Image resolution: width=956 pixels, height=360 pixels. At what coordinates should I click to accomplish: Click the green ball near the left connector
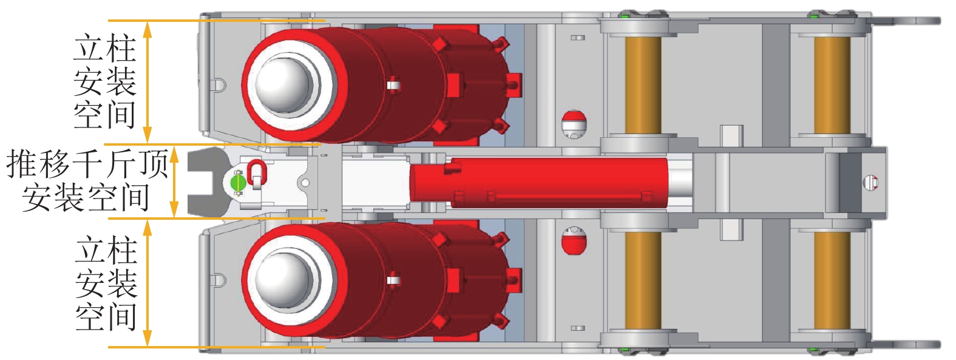click(x=238, y=182)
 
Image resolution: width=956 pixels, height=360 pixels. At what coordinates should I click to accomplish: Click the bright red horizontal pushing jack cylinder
click(x=538, y=183)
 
